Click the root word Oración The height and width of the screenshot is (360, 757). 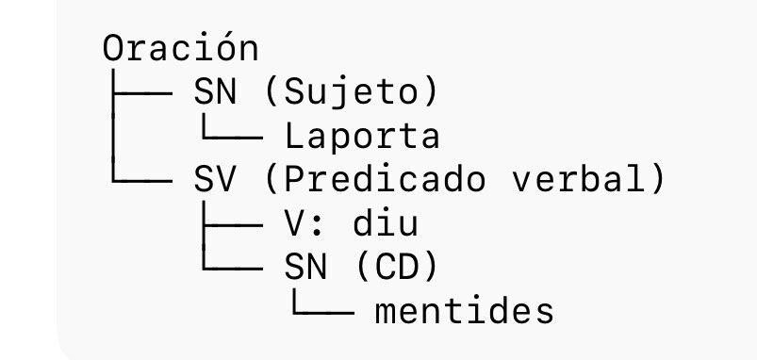point(180,48)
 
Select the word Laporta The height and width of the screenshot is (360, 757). point(363,137)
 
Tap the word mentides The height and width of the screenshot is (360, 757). point(463,311)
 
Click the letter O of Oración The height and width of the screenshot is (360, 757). point(113,48)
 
